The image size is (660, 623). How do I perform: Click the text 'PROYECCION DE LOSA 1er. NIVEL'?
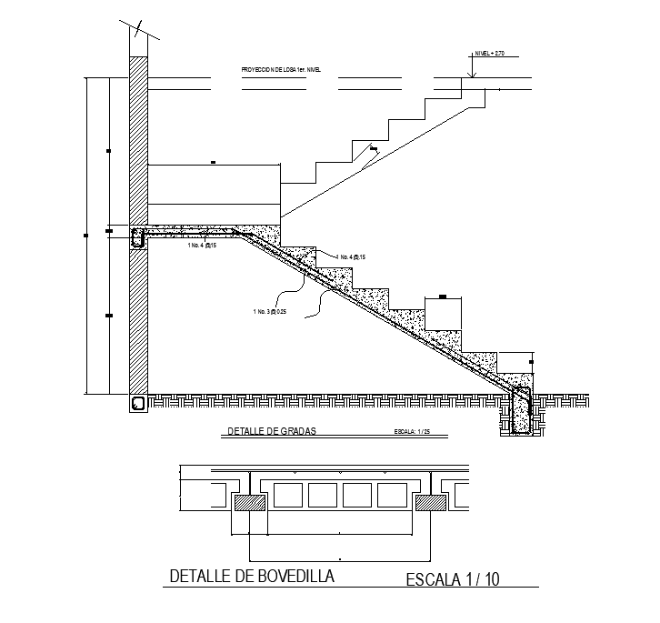[x=282, y=69]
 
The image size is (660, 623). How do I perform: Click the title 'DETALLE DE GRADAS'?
[x=269, y=431]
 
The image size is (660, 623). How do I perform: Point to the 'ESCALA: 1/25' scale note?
[x=411, y=432]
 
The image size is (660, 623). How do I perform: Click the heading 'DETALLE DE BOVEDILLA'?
[x=252, y=576]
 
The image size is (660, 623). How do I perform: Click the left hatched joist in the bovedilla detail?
[x=249, y=503]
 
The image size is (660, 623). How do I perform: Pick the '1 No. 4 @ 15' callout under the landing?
[x=202, y=246]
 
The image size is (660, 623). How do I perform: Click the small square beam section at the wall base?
[x=137, y=403]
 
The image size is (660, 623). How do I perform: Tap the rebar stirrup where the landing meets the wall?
[x=139, y=239]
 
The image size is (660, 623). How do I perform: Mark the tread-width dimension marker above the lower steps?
[x=443, y=296]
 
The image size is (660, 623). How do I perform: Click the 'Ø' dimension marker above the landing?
[x=213, y=163]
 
